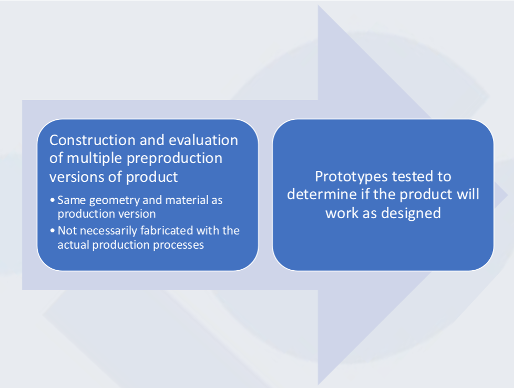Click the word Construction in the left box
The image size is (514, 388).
pyautogui.click(x=93, y=140)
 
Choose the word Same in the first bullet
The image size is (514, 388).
pyautogui.click(x=72, y=200)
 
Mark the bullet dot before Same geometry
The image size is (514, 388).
pyautogui.click(x=53, y=200)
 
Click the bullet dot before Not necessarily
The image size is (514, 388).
pyautogui.click(x=53, y=230)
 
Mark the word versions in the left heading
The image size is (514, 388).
pyautogui.click(x=77, y=177)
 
